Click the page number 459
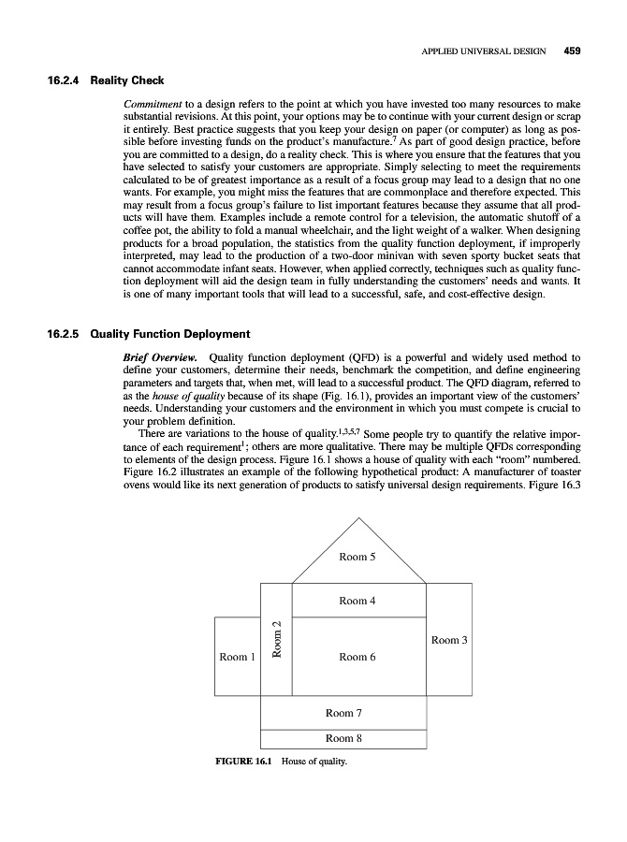click(x=572, y=51)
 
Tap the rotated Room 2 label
click(x=276, y=639)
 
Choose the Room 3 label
click(x=450, y=640)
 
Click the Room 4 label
click(x=358, y=601)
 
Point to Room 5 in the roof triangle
click(x=358, y=558)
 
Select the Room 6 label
click(x=358, y=657)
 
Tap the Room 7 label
click(x=344, y=713)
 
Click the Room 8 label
click(x=344, y=738)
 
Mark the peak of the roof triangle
click(x=358, y=517)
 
